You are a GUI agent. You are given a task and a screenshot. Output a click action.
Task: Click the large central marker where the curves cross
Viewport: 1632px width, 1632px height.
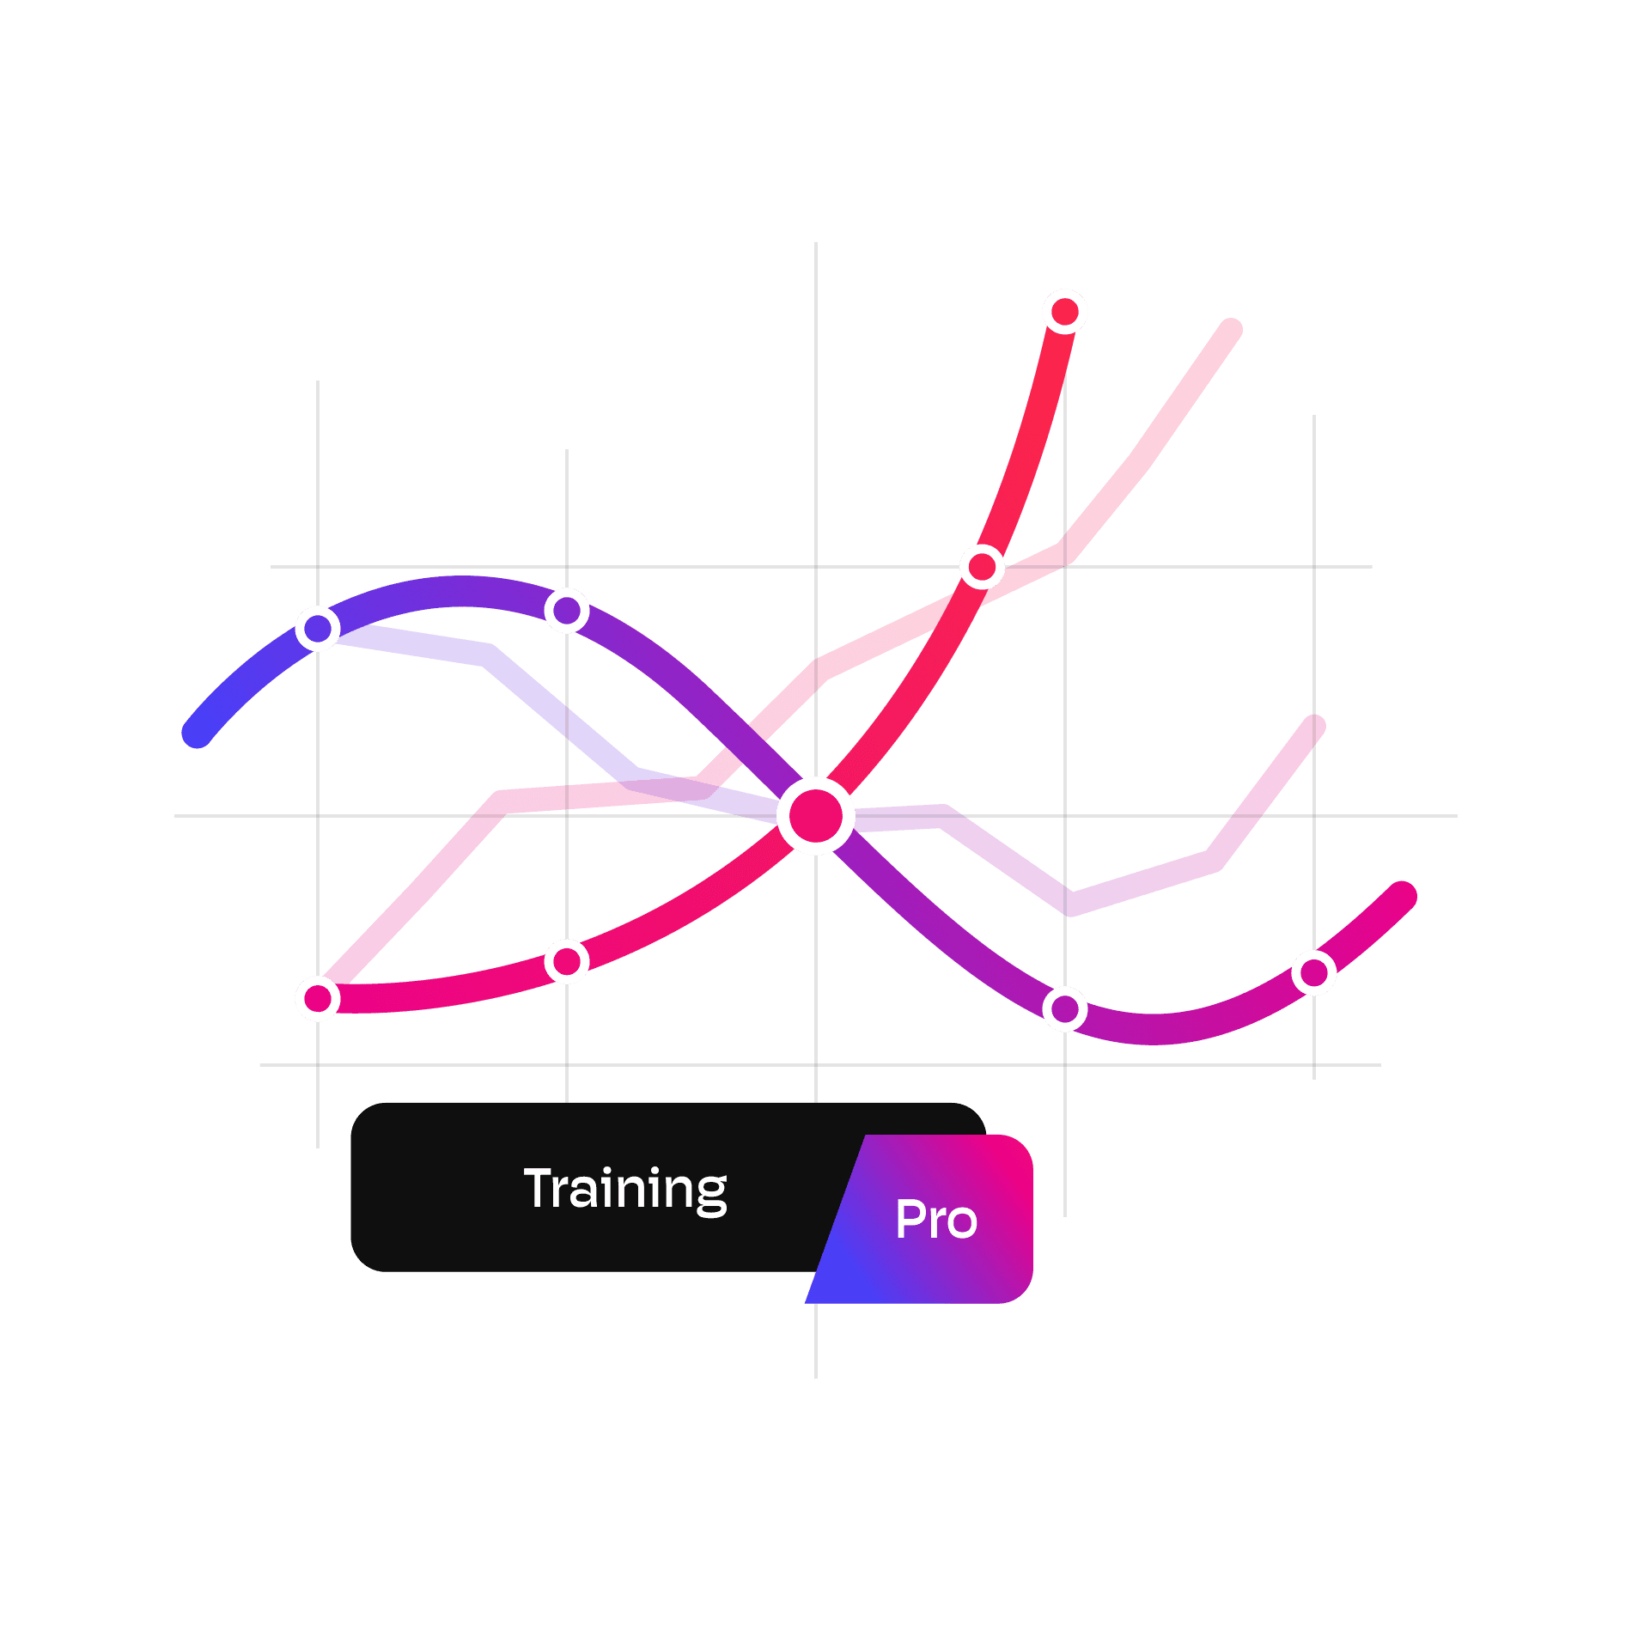point(815,816)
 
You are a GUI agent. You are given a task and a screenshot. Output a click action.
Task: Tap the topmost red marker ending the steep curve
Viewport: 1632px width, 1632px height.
point(1065,311)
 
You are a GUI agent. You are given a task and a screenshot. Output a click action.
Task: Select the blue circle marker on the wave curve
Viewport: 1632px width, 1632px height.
point(318,629)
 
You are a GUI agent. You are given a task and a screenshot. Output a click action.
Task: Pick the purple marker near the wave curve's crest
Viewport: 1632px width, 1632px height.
point(567,611)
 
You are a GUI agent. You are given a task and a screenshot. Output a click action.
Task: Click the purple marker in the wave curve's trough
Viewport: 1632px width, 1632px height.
point(1065,1008)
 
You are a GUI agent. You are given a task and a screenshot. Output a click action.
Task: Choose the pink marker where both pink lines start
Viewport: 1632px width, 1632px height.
point(318,998)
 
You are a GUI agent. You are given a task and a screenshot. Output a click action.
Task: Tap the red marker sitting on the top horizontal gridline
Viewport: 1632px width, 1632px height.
point(982,567)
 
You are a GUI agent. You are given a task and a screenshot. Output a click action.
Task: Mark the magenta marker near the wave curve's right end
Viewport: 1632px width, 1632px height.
point(1314,972)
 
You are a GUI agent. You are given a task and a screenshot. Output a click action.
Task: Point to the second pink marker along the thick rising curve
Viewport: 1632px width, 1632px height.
point(567,961)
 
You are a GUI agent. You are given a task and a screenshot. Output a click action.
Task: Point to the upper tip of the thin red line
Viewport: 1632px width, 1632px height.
point(1232,329)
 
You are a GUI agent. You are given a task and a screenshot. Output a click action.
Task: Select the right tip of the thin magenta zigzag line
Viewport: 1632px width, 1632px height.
point(1314,726)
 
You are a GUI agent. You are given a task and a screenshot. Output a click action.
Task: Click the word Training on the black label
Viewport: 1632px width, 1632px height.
point(625,1190)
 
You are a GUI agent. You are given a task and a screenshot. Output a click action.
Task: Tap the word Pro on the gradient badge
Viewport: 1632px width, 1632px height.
point(936,1220)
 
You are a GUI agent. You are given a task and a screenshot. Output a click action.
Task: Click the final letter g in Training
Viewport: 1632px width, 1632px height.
point(711,1195)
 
